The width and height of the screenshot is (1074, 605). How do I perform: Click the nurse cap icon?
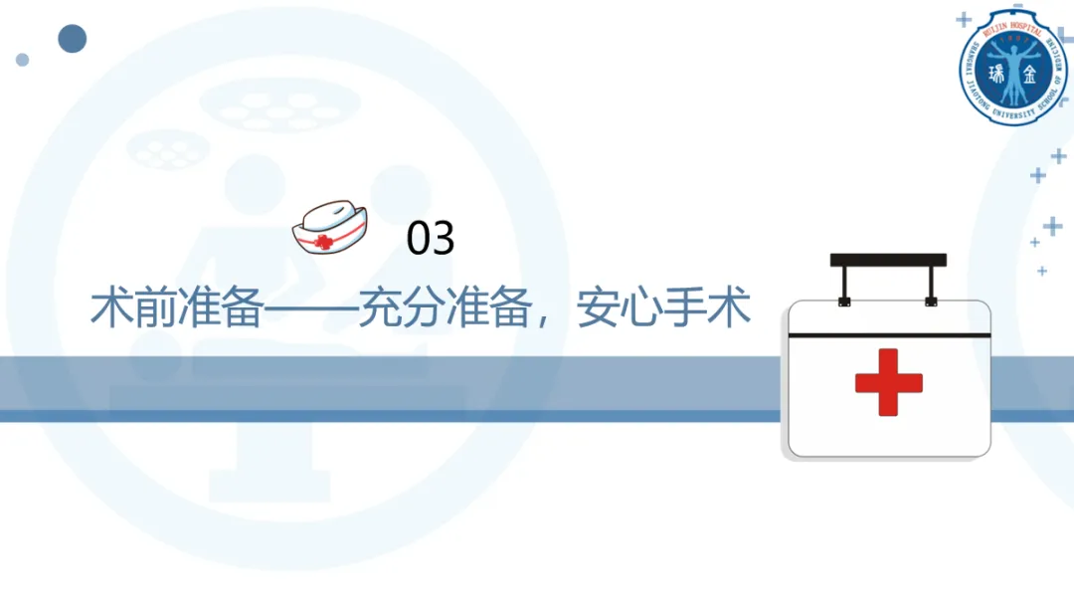tap(329, 228)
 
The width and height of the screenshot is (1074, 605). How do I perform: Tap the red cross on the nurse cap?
tap(322, 242)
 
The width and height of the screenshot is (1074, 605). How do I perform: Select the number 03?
tap(431, 239)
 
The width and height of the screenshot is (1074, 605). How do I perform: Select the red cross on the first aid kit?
tap(888, 382)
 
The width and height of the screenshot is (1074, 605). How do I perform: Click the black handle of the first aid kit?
tap(888, 261)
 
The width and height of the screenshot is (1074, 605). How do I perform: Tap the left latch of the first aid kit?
tap(844, 300)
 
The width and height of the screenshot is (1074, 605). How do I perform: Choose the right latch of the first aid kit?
tap(931, 300)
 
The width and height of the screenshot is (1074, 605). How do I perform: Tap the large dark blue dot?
tap(72, 39)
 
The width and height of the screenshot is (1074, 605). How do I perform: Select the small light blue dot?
tap(22, 60)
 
